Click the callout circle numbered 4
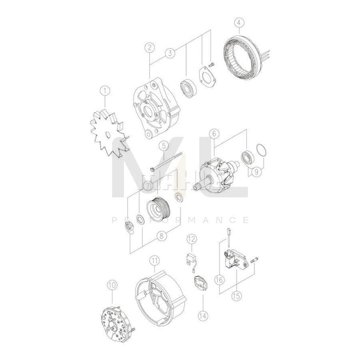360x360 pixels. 238,22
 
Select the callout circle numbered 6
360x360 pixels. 214,133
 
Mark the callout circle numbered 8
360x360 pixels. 162,236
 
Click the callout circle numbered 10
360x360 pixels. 112,285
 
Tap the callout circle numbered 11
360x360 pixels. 154,261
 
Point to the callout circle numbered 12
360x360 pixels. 192,239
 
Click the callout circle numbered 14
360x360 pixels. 203,316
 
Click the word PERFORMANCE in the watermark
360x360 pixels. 180,220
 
